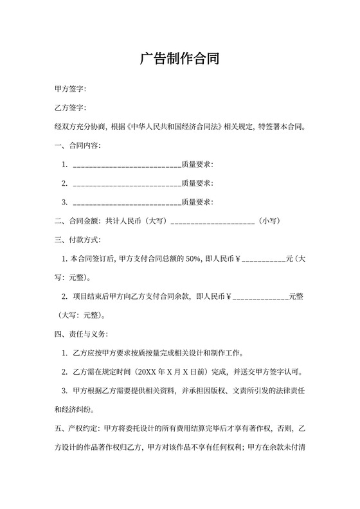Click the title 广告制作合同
click(x=180, y=60)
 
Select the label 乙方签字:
click(x=71, y=108)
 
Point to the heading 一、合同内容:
click(x=78, y=146)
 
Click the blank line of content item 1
click(x=127, y=165)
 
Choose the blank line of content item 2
click(x=127, y=184)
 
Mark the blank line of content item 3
click(x=127, y=202)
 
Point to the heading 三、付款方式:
click(x=78, y=240)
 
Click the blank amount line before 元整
click(x=260, y=298)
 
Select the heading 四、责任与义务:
click(x=82, y=335)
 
